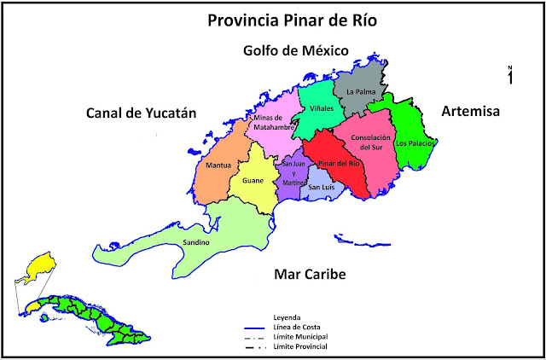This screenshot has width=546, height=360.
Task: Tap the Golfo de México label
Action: click(x=293, y=51)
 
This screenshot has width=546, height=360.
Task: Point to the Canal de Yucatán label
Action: click(x=140, y=113)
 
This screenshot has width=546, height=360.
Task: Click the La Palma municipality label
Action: click(x=361, y=90)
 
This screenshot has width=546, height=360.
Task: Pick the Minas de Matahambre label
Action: click(x=273, y=124)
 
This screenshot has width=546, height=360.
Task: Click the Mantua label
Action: click(x=218, y=165)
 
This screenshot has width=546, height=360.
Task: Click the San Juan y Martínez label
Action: click(x=293, y=173)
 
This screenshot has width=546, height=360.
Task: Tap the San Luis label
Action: click(x=321, y=188)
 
